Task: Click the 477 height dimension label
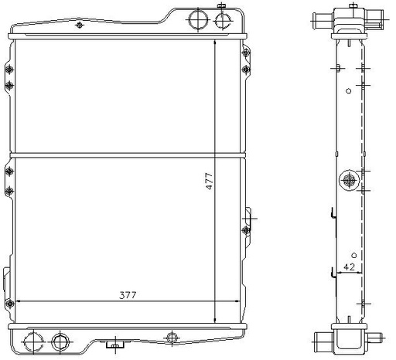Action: pyautogui.click(x=210, y=182)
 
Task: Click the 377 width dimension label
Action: pyautogui.click(x=128, y=295)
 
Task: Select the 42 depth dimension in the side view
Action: pyautogui.click(x=350, y=267)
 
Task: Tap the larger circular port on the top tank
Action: pyautogui.click(x=198, y=19)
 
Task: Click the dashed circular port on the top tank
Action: pyautogui.click(x=223, y=20)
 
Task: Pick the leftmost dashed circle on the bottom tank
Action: pyautogui.click(x=33, y=341)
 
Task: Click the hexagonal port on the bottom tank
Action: pyautogui.click(x=60, y=342)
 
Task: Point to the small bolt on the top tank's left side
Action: pyautogui.click(x=80, y=25)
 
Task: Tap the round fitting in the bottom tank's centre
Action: pyautogui.click(x=172, y=337)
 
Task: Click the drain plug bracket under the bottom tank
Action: pyautogui.click(x=115, y=345)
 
